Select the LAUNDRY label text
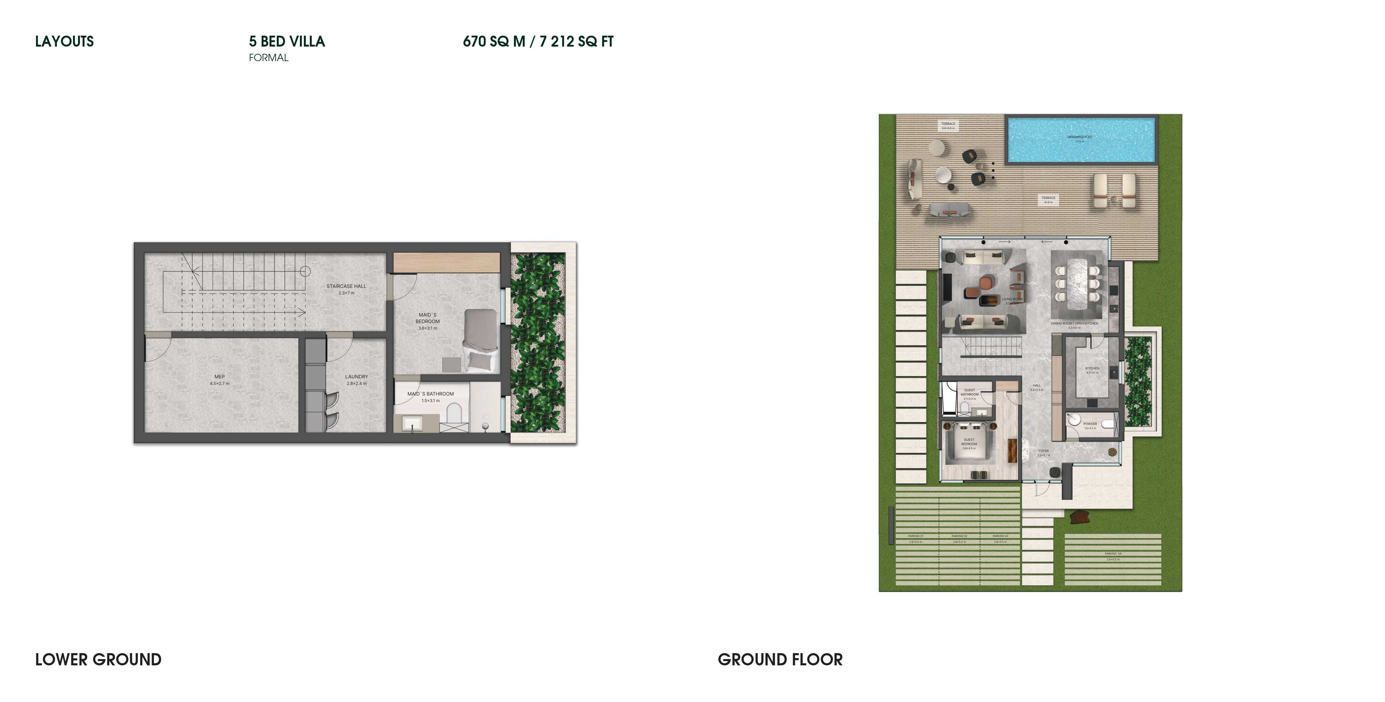[x=356, y=377]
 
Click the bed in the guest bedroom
[x=969, y=443]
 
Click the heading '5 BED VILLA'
[x=287, y=41]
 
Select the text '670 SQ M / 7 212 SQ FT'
[x=538, y=41]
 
